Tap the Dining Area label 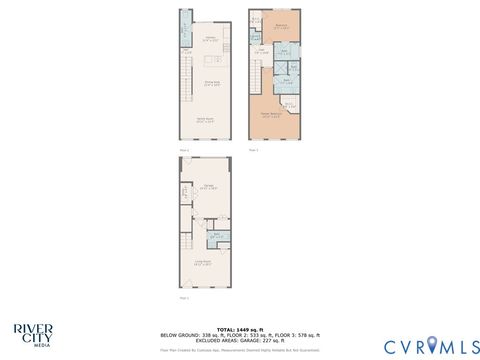(212, 85)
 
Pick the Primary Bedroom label (270, 115)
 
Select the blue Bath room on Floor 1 (216, 237)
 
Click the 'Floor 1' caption (183, 298)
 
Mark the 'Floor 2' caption (183, 148)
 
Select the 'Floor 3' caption (253, 148)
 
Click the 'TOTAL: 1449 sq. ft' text (240, 328)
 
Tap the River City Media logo (34, 333)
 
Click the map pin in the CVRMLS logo (432, 345)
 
